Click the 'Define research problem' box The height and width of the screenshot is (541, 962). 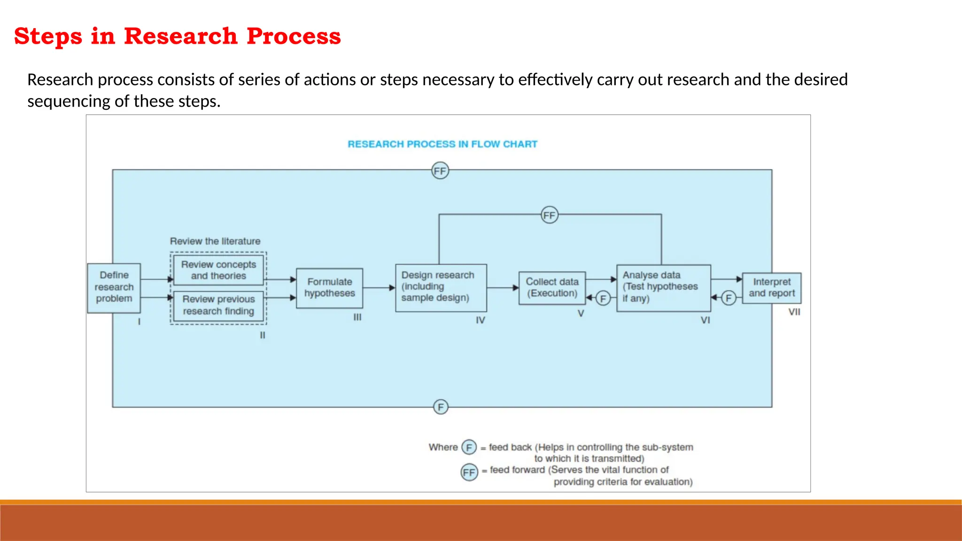[114, 287]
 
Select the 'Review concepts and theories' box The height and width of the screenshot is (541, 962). [218, 270]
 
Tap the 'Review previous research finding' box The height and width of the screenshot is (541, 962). [218, 305]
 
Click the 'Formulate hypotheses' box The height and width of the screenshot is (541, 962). [329, 288]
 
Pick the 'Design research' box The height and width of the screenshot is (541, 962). [441, 287]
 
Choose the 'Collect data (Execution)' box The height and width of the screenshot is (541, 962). [552, 287]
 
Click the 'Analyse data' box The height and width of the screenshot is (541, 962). [663, 287]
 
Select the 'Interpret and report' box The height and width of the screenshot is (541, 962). [771, 287]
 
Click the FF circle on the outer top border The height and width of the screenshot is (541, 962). [440, 171]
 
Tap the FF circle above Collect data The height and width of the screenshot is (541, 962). [549, 215]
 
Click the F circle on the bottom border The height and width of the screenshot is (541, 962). [441, 407]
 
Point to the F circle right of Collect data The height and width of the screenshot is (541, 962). [603, 298]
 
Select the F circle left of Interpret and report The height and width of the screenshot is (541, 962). [728, 298]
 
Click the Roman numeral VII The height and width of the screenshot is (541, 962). [794, 312]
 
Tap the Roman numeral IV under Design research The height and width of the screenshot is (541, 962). [480, 320]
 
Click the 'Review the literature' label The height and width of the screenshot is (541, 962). [215, 241]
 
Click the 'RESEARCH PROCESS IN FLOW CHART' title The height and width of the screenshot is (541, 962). [442, 144]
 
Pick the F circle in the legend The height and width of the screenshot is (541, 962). [469, 447]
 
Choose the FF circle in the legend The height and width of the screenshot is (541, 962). [469, 472]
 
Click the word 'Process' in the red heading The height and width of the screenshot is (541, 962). [294, 36]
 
